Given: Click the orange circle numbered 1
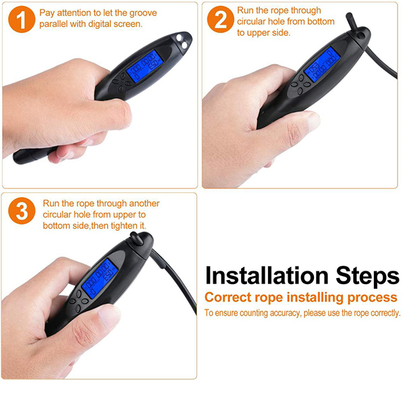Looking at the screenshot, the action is (x=22, y=20).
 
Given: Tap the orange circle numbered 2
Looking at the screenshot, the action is (x=221, y=20).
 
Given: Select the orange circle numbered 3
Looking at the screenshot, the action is (x=22, y=211).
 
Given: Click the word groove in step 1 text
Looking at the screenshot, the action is (x=143, y=13).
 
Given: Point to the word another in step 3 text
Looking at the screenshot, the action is (x=144, y=204).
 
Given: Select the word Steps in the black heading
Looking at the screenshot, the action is (x=367, y=276).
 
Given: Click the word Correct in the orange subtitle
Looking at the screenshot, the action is (x=228, y=297).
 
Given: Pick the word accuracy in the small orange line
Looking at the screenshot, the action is (x=285, y=313).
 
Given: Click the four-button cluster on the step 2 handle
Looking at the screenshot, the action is (x=300, y=84).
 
